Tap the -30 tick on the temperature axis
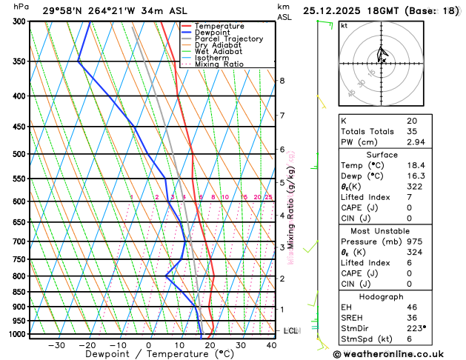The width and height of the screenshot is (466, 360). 56,345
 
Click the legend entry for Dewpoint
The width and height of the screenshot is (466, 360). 213,33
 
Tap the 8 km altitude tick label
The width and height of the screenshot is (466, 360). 282,81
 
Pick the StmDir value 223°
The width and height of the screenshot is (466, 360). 416,327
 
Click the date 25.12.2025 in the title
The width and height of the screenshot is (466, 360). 339,10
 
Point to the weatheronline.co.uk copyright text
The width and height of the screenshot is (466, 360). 396,354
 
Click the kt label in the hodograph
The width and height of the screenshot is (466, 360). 344,26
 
